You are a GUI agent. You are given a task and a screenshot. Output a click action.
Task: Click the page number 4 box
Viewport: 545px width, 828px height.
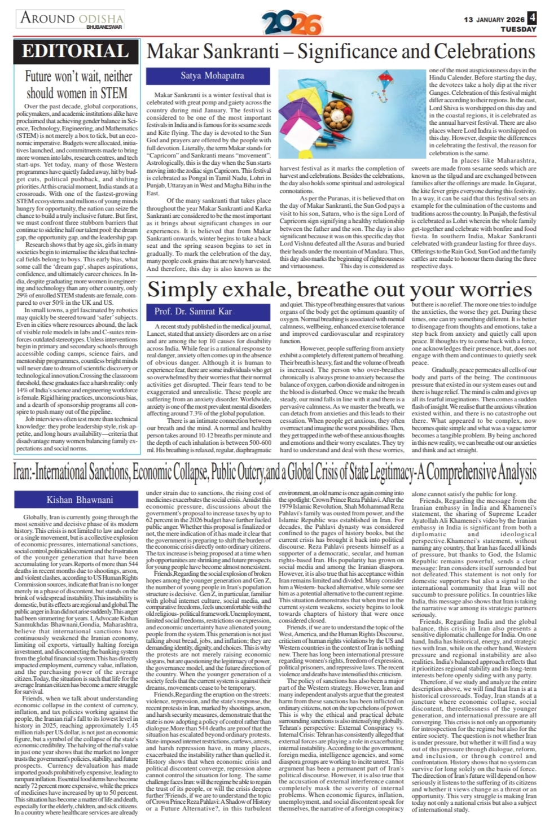coord(532,18)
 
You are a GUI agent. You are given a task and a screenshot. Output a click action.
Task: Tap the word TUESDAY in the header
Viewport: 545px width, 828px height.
coord(518,28)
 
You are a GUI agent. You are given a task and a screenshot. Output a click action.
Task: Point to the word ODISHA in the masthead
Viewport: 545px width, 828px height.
coord(100,17)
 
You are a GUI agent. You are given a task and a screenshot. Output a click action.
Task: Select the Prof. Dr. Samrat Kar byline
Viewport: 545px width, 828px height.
coord(193,312)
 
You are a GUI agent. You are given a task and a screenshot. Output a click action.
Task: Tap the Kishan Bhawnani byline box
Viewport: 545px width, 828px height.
coord(80,500)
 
